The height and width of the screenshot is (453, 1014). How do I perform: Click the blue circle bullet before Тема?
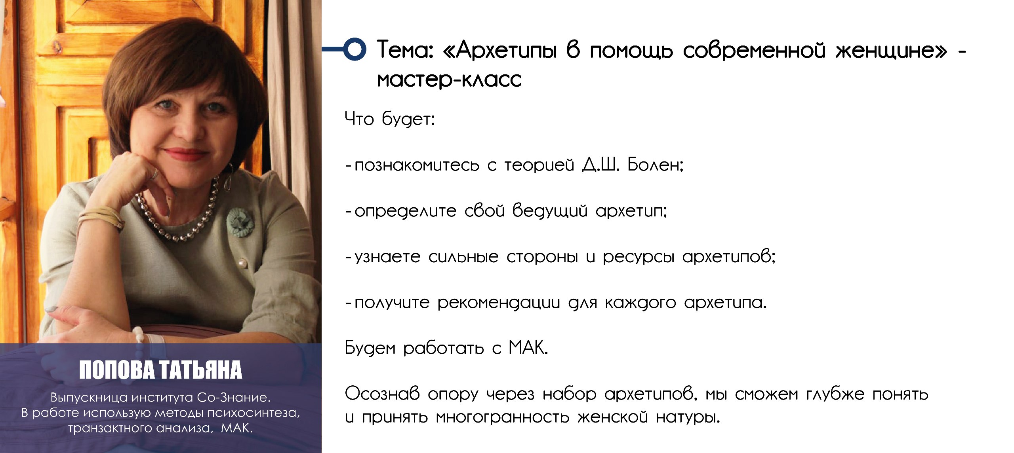[x=354, y=49]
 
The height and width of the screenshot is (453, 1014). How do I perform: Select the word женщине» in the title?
[x=891, y=51]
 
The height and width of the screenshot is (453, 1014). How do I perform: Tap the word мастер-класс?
[x=449, y=80]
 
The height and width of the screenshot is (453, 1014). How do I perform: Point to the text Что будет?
[x=390, y=119]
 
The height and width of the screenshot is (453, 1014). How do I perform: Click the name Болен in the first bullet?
[x=656, y=164]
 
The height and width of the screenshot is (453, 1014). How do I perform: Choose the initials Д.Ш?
[x=601, y=164]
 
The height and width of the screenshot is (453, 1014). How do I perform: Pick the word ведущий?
[x=550, y=210]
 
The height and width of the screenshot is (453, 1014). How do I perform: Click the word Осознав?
[x=382, y=394]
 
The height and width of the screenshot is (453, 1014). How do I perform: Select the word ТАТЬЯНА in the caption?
[x=200, y=370]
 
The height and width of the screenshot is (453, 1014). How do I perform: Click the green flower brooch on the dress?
[x=240, y=222]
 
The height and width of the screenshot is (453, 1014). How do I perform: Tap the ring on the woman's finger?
[x=154, y=174]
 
